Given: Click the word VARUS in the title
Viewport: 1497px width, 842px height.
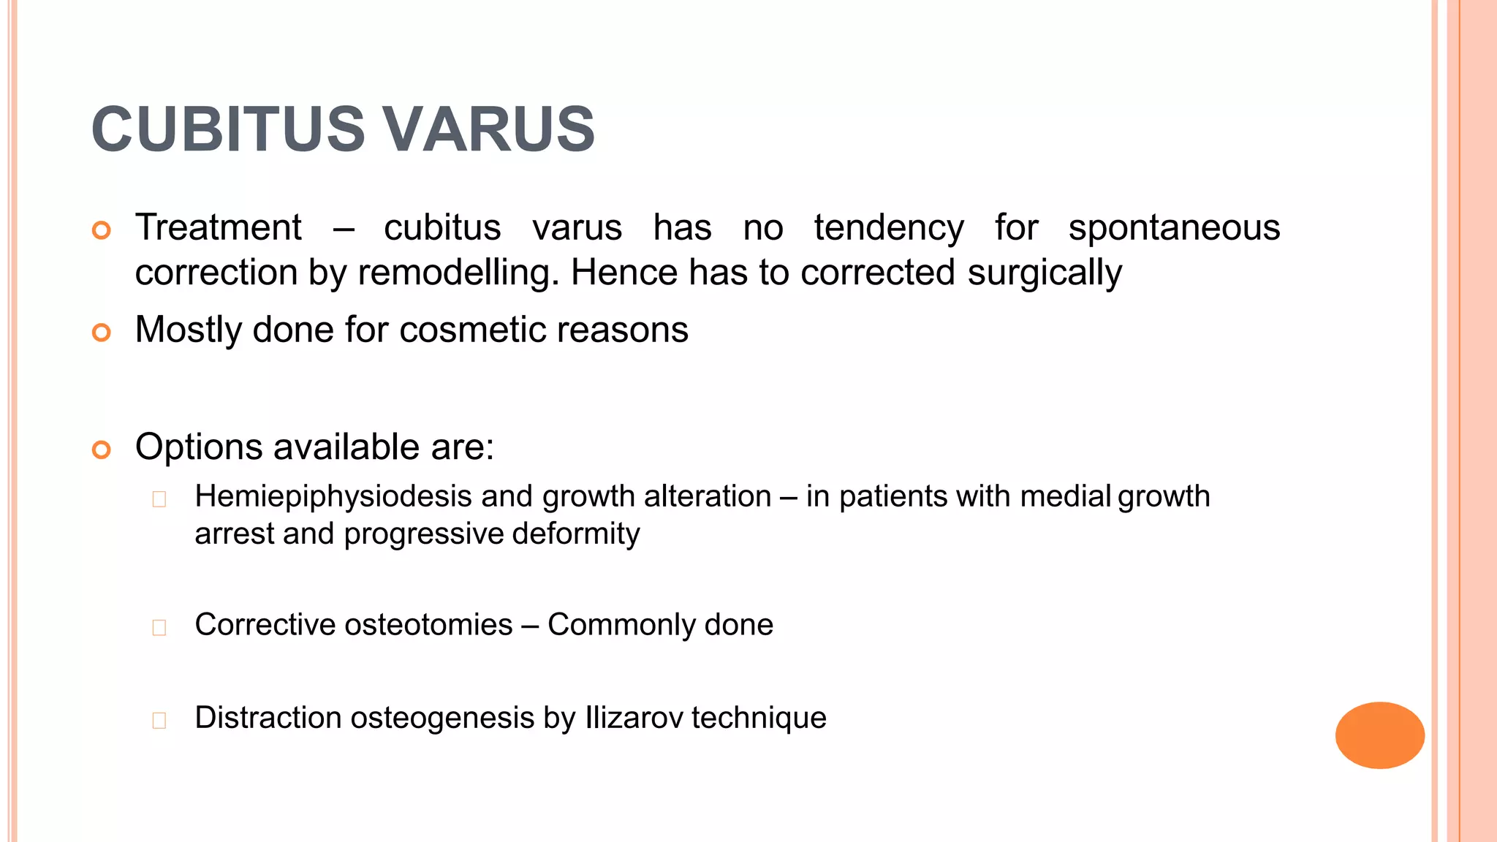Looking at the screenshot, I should point(489,129).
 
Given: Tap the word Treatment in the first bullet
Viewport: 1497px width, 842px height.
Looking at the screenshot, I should point(219,227).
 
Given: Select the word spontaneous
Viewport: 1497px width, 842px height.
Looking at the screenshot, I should point(1174,227).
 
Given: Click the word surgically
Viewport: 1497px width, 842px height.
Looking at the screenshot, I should point(1045,273).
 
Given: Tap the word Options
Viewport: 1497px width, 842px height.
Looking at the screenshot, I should point(199,447).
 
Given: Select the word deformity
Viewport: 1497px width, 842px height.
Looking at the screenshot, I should point(576,534).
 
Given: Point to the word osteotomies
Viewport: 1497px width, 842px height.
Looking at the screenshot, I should point(428,625).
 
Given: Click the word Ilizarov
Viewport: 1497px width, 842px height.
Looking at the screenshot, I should point(634,718).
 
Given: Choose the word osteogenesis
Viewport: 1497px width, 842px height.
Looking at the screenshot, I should point(443,718).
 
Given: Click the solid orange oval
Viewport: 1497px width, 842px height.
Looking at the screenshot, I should point(1379,735).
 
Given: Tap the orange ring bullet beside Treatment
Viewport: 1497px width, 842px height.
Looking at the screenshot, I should point(102,230).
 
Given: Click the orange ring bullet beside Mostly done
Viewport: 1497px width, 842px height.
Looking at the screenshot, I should point(102,333).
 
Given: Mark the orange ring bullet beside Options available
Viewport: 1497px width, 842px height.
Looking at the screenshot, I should point(102,450).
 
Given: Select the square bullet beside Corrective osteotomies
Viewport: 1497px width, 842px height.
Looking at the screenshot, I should point(159,627).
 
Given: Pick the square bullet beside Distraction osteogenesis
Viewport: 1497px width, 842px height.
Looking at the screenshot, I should point(159,720).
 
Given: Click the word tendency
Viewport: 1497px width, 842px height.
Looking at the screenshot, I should point(889,227).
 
